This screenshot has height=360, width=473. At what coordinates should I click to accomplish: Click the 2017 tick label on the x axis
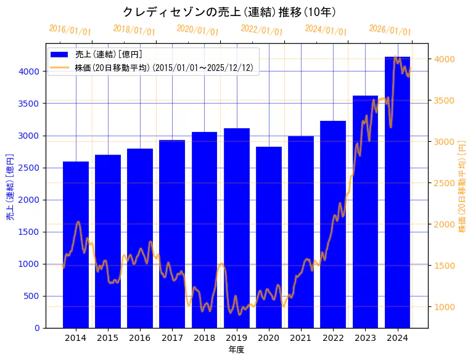point(172,338)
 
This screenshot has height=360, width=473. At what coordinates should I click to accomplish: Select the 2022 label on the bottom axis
point(333,338)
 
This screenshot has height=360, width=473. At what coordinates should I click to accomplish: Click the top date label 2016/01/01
point(70,30)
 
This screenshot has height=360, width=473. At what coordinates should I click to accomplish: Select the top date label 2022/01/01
point(261,30)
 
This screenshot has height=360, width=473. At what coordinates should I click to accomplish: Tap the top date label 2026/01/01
point(390,30)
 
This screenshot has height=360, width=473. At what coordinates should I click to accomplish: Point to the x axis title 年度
point(237,350)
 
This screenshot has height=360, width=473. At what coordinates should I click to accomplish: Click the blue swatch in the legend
point(60,54)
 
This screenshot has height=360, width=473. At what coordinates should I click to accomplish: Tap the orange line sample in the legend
point(60,67)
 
